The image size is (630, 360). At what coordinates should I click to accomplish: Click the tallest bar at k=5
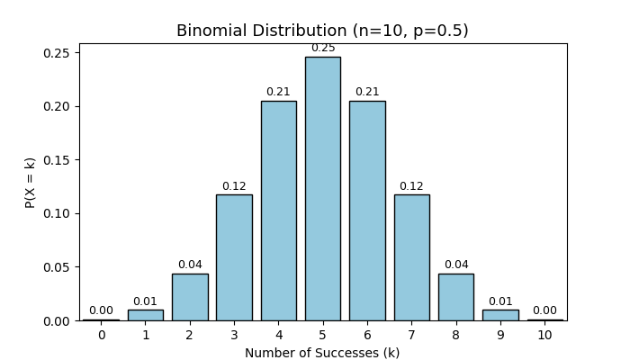point(322,189)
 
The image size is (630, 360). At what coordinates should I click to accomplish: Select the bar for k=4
point(278,211)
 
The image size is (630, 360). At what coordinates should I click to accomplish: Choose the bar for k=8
point(455,297)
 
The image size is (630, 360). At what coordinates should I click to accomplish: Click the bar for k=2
point(190,297)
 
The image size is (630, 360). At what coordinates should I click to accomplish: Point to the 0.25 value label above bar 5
point(322,48)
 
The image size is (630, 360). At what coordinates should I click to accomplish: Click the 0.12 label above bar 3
point(234,186)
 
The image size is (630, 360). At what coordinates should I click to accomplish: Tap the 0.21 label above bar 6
point(367,92)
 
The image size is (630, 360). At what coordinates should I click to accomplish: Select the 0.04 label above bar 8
point(455,265)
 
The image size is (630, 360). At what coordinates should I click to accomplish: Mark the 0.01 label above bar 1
point(145,301)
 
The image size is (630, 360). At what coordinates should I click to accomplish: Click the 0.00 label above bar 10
point(544,310)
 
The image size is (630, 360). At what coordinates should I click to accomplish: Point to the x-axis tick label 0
point(101,336)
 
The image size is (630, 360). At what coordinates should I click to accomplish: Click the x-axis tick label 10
point(544,336)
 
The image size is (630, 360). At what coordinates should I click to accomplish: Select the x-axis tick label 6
point(367,336)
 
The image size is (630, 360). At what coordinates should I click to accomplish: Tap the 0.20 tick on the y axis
point(58,106)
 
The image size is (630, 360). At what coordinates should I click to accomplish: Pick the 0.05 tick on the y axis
point(58,267)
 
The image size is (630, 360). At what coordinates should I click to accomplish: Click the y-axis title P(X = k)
point(31,183)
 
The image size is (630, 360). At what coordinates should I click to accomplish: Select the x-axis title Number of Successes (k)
point(322,353)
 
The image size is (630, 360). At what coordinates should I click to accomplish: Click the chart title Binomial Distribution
point(322,31)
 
